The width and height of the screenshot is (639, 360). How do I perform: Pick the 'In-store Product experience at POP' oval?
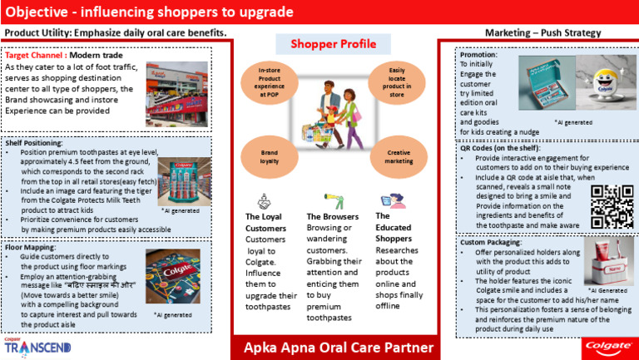pos(268,83)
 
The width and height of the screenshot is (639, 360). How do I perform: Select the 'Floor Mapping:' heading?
pos(31,247)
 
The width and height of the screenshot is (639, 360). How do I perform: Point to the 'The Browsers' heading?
pos(329,216)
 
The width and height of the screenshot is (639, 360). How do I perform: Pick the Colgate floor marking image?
pos(173,277)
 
